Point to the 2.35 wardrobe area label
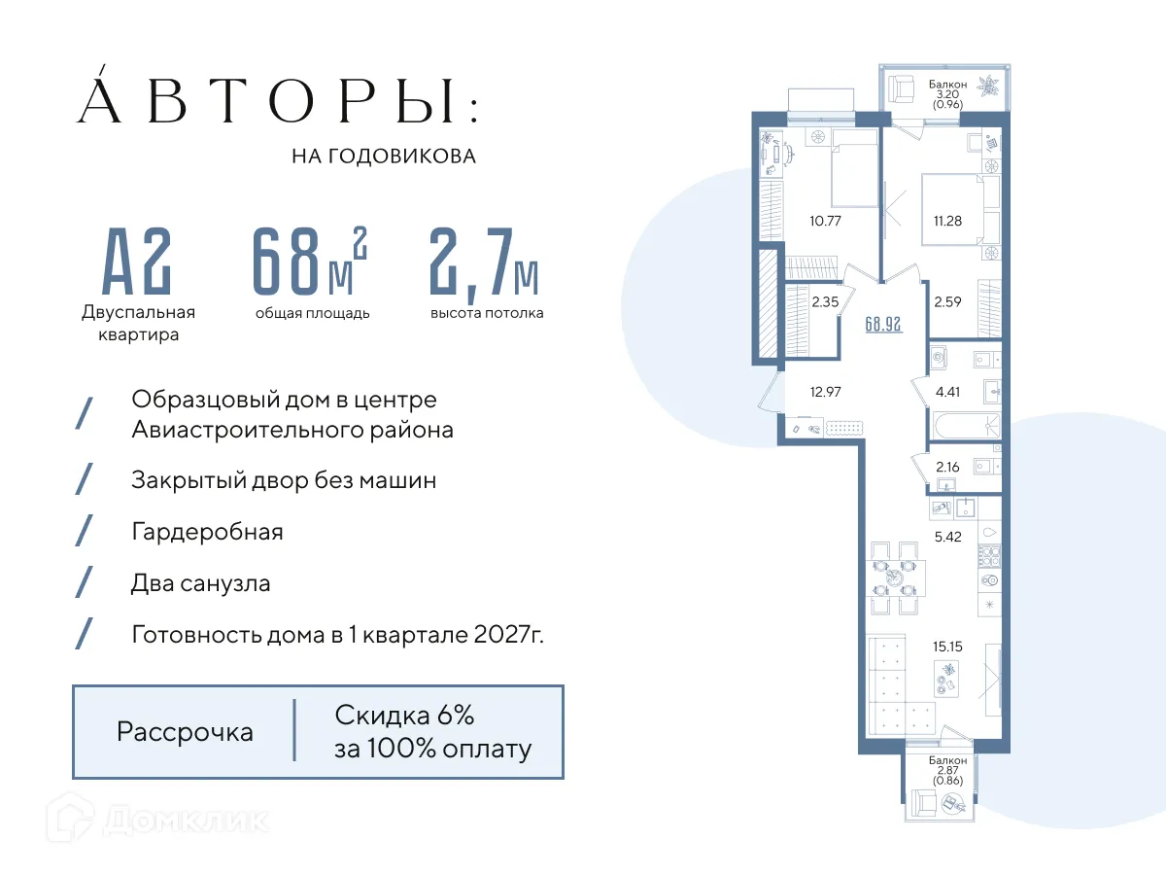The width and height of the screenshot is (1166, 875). pos(824,301)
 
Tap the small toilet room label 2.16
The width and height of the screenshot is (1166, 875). pos(946,468)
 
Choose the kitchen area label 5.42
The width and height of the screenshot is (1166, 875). pos(946,536)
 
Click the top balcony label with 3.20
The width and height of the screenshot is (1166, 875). pos(947,93)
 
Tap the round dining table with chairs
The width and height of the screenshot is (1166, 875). pos(893,577)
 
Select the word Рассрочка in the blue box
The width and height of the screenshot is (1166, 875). pos(185,732)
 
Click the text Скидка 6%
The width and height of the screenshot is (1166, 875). pos(404,716)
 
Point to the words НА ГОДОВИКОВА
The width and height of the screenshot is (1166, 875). pos(384,156)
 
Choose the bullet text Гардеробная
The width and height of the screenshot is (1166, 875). pos(207,532)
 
